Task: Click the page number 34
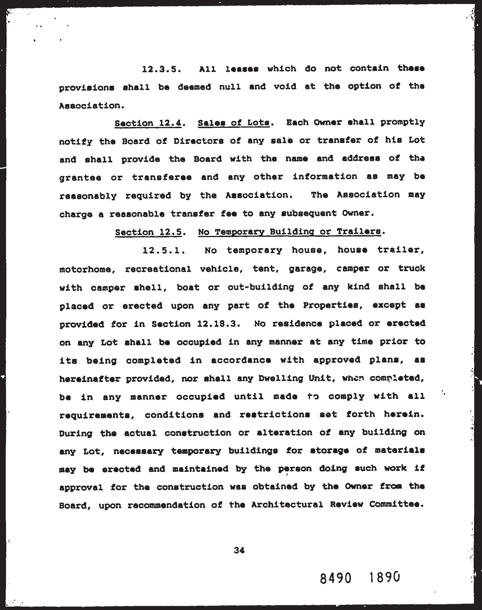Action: [239, 550]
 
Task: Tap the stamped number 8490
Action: [335, 578]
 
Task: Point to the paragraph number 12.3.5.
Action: [162, 69]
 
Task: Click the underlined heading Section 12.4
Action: [148, 123]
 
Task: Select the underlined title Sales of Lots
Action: [234, 123]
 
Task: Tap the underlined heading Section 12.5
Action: [149, 232]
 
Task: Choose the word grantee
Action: [80, 178]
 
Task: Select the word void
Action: [285, 87]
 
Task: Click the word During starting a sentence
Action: [76, 433]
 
